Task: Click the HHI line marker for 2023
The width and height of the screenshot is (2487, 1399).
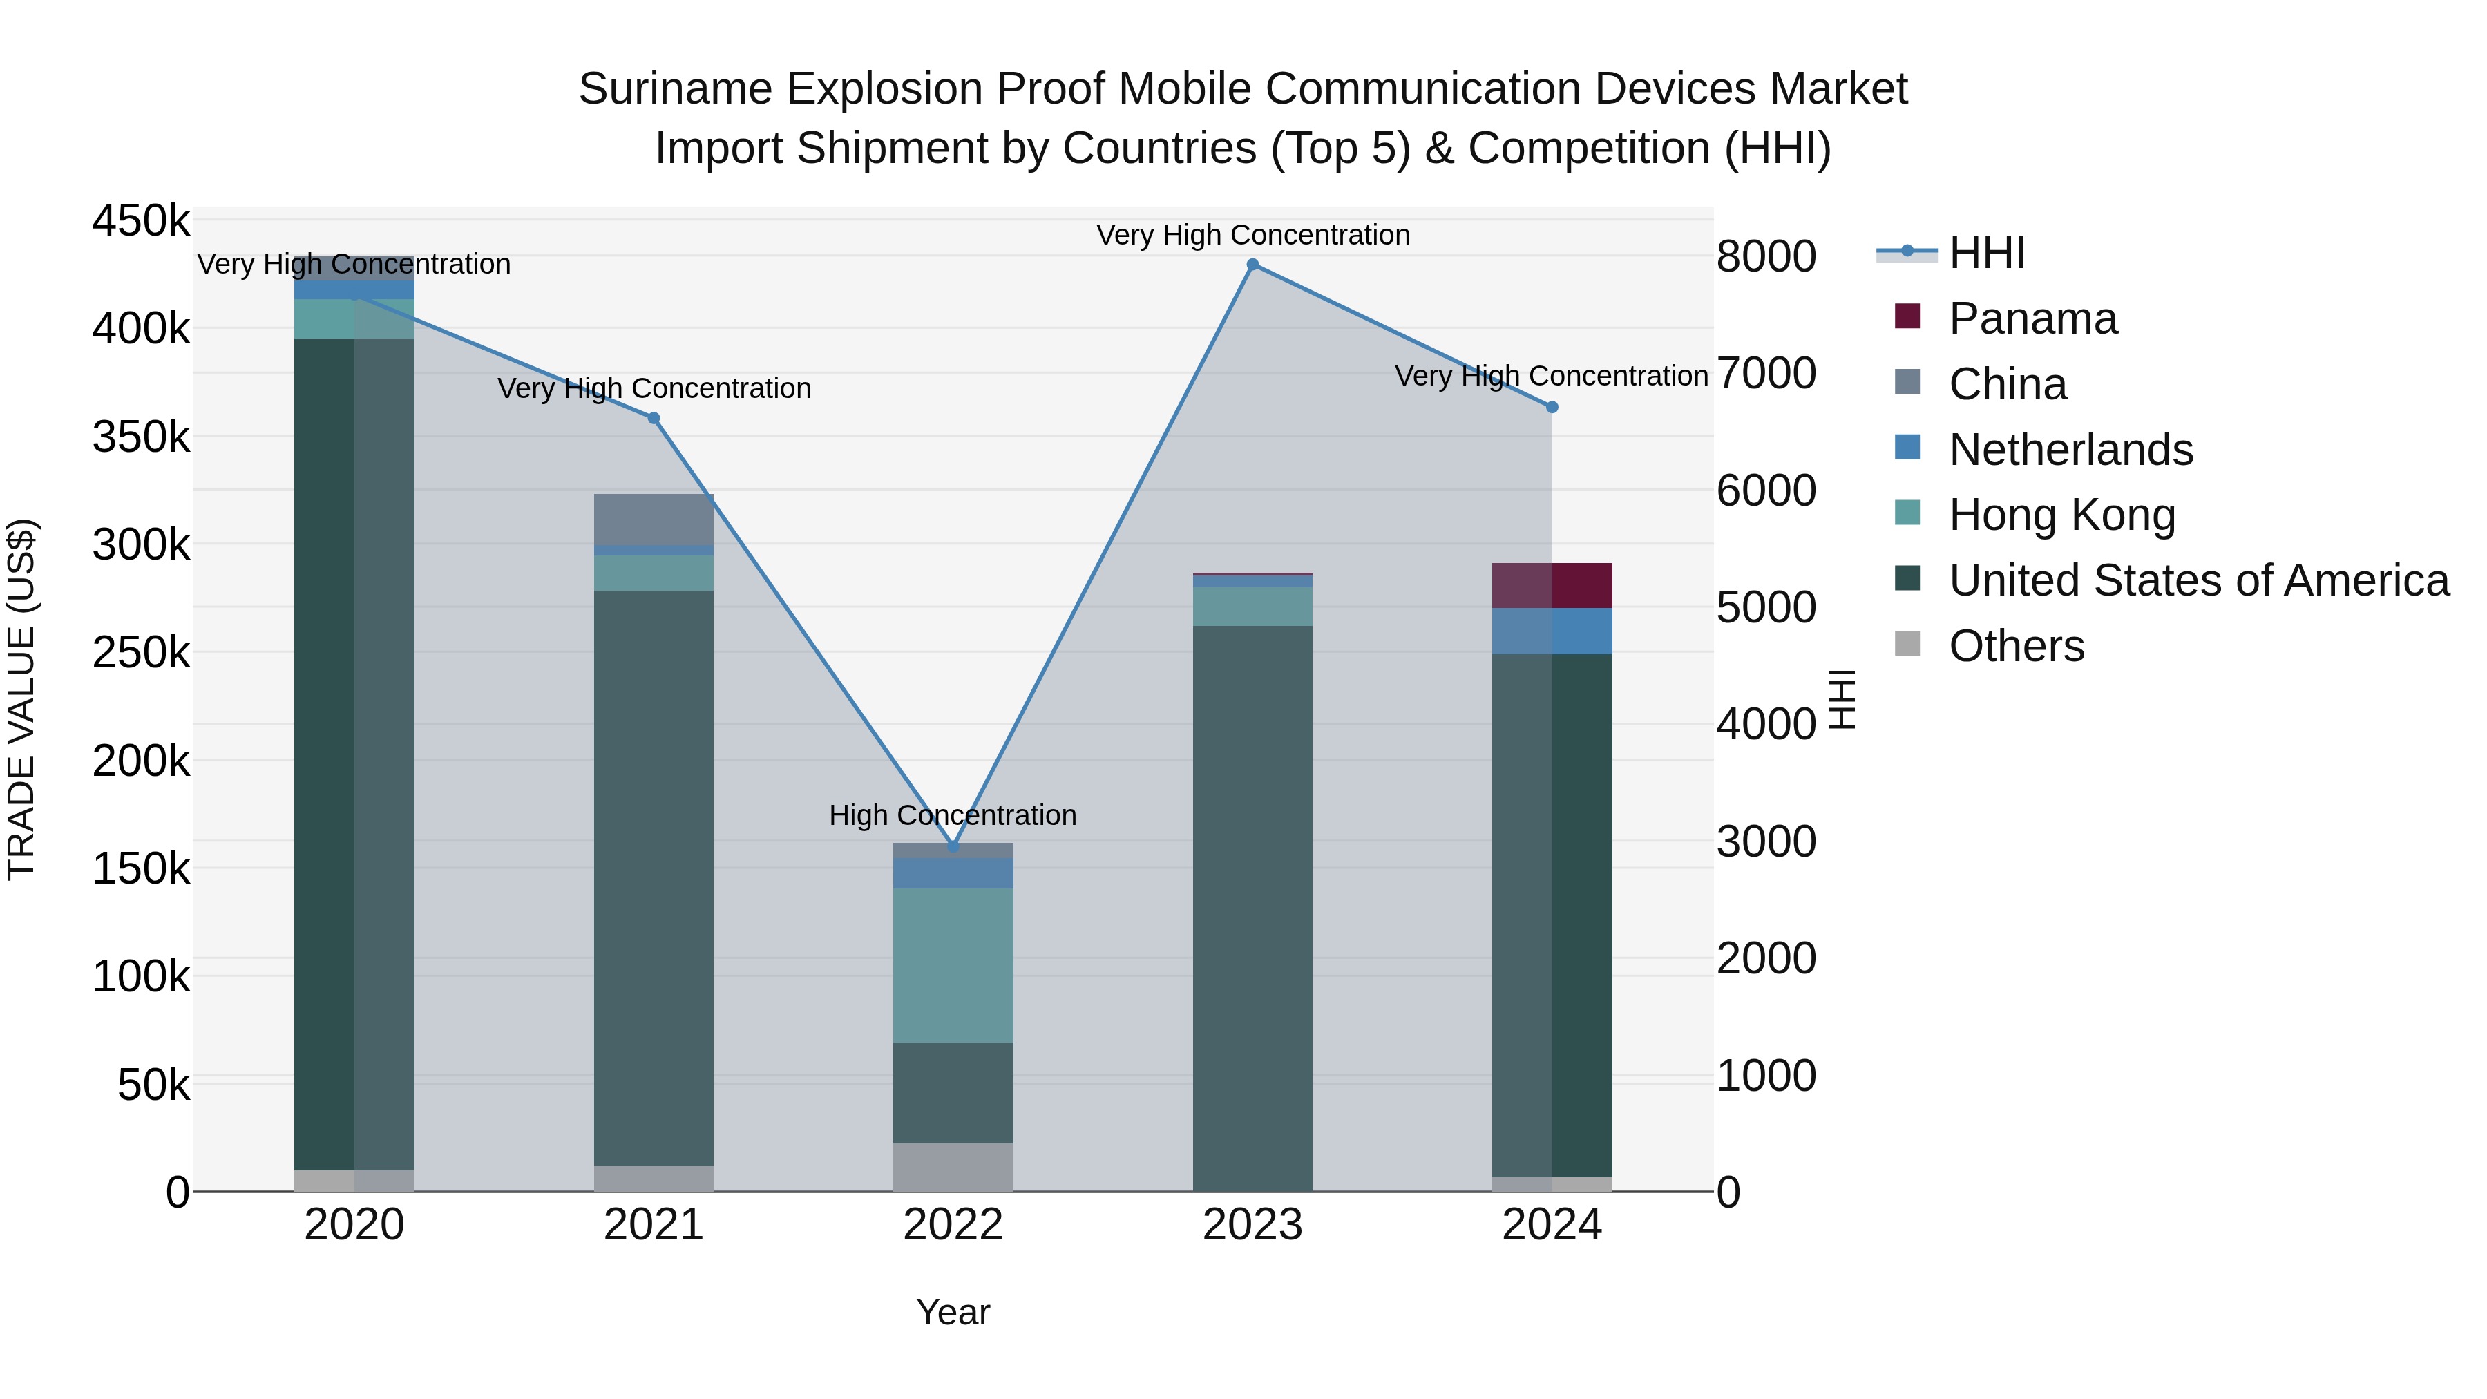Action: point(1252,265)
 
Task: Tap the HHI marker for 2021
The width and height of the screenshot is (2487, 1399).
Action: point(654,418)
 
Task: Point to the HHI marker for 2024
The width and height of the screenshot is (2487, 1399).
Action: point(1552,408)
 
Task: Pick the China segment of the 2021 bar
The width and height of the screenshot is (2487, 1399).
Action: point(654,520)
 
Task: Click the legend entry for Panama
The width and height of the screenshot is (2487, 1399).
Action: point(2032,318)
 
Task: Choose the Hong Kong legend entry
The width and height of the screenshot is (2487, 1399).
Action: point(2061,515)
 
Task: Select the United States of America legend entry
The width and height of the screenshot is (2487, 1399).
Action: point(2198,580)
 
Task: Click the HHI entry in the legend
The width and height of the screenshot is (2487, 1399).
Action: point(1986,253)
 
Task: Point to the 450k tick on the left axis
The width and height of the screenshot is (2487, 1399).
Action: point(141,221)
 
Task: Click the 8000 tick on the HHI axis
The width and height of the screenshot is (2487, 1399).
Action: point(1766,257)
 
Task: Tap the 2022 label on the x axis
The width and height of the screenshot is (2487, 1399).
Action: point(953,1225)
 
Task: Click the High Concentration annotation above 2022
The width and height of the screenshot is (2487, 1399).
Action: point(952,815)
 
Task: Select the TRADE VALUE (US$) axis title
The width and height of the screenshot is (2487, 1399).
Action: point(22,699)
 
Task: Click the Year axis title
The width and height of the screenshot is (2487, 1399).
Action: point(953,1312)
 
